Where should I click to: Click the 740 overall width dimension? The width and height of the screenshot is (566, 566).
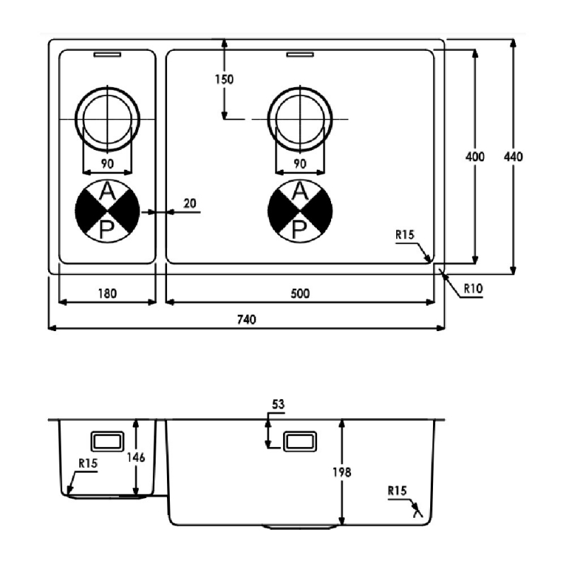point(247,320)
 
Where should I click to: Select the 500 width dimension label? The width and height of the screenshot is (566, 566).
point(300,294)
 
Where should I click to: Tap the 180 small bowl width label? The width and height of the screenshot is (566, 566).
point(108,294)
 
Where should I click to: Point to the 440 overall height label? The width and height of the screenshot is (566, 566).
point(513,156)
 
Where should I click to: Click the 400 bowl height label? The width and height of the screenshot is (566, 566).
point(475,156)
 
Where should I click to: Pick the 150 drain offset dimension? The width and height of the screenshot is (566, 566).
point(224,79)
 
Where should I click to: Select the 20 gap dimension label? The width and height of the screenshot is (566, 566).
point(190,204)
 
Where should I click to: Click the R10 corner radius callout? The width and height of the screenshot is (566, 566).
point(473,289)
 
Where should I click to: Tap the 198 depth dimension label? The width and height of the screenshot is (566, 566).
point(342,472)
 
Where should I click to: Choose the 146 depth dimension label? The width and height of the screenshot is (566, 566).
point(136,457)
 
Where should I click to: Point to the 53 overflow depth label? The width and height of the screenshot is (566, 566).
point(278,404)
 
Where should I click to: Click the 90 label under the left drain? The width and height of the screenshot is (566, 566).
point(108,164)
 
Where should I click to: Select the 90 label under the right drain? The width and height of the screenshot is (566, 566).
point(300,164)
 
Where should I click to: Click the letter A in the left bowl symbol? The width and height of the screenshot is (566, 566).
point(108,192)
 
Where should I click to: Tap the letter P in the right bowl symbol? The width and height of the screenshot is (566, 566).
point(299,230)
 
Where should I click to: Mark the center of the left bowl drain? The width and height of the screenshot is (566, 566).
point(108,119)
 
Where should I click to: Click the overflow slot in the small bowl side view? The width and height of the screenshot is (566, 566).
point(108,441)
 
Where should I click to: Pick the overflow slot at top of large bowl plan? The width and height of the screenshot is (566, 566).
point(300,54)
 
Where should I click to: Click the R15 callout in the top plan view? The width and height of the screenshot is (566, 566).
point(405,235)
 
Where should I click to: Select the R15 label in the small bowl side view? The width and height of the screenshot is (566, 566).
point(88,463)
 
